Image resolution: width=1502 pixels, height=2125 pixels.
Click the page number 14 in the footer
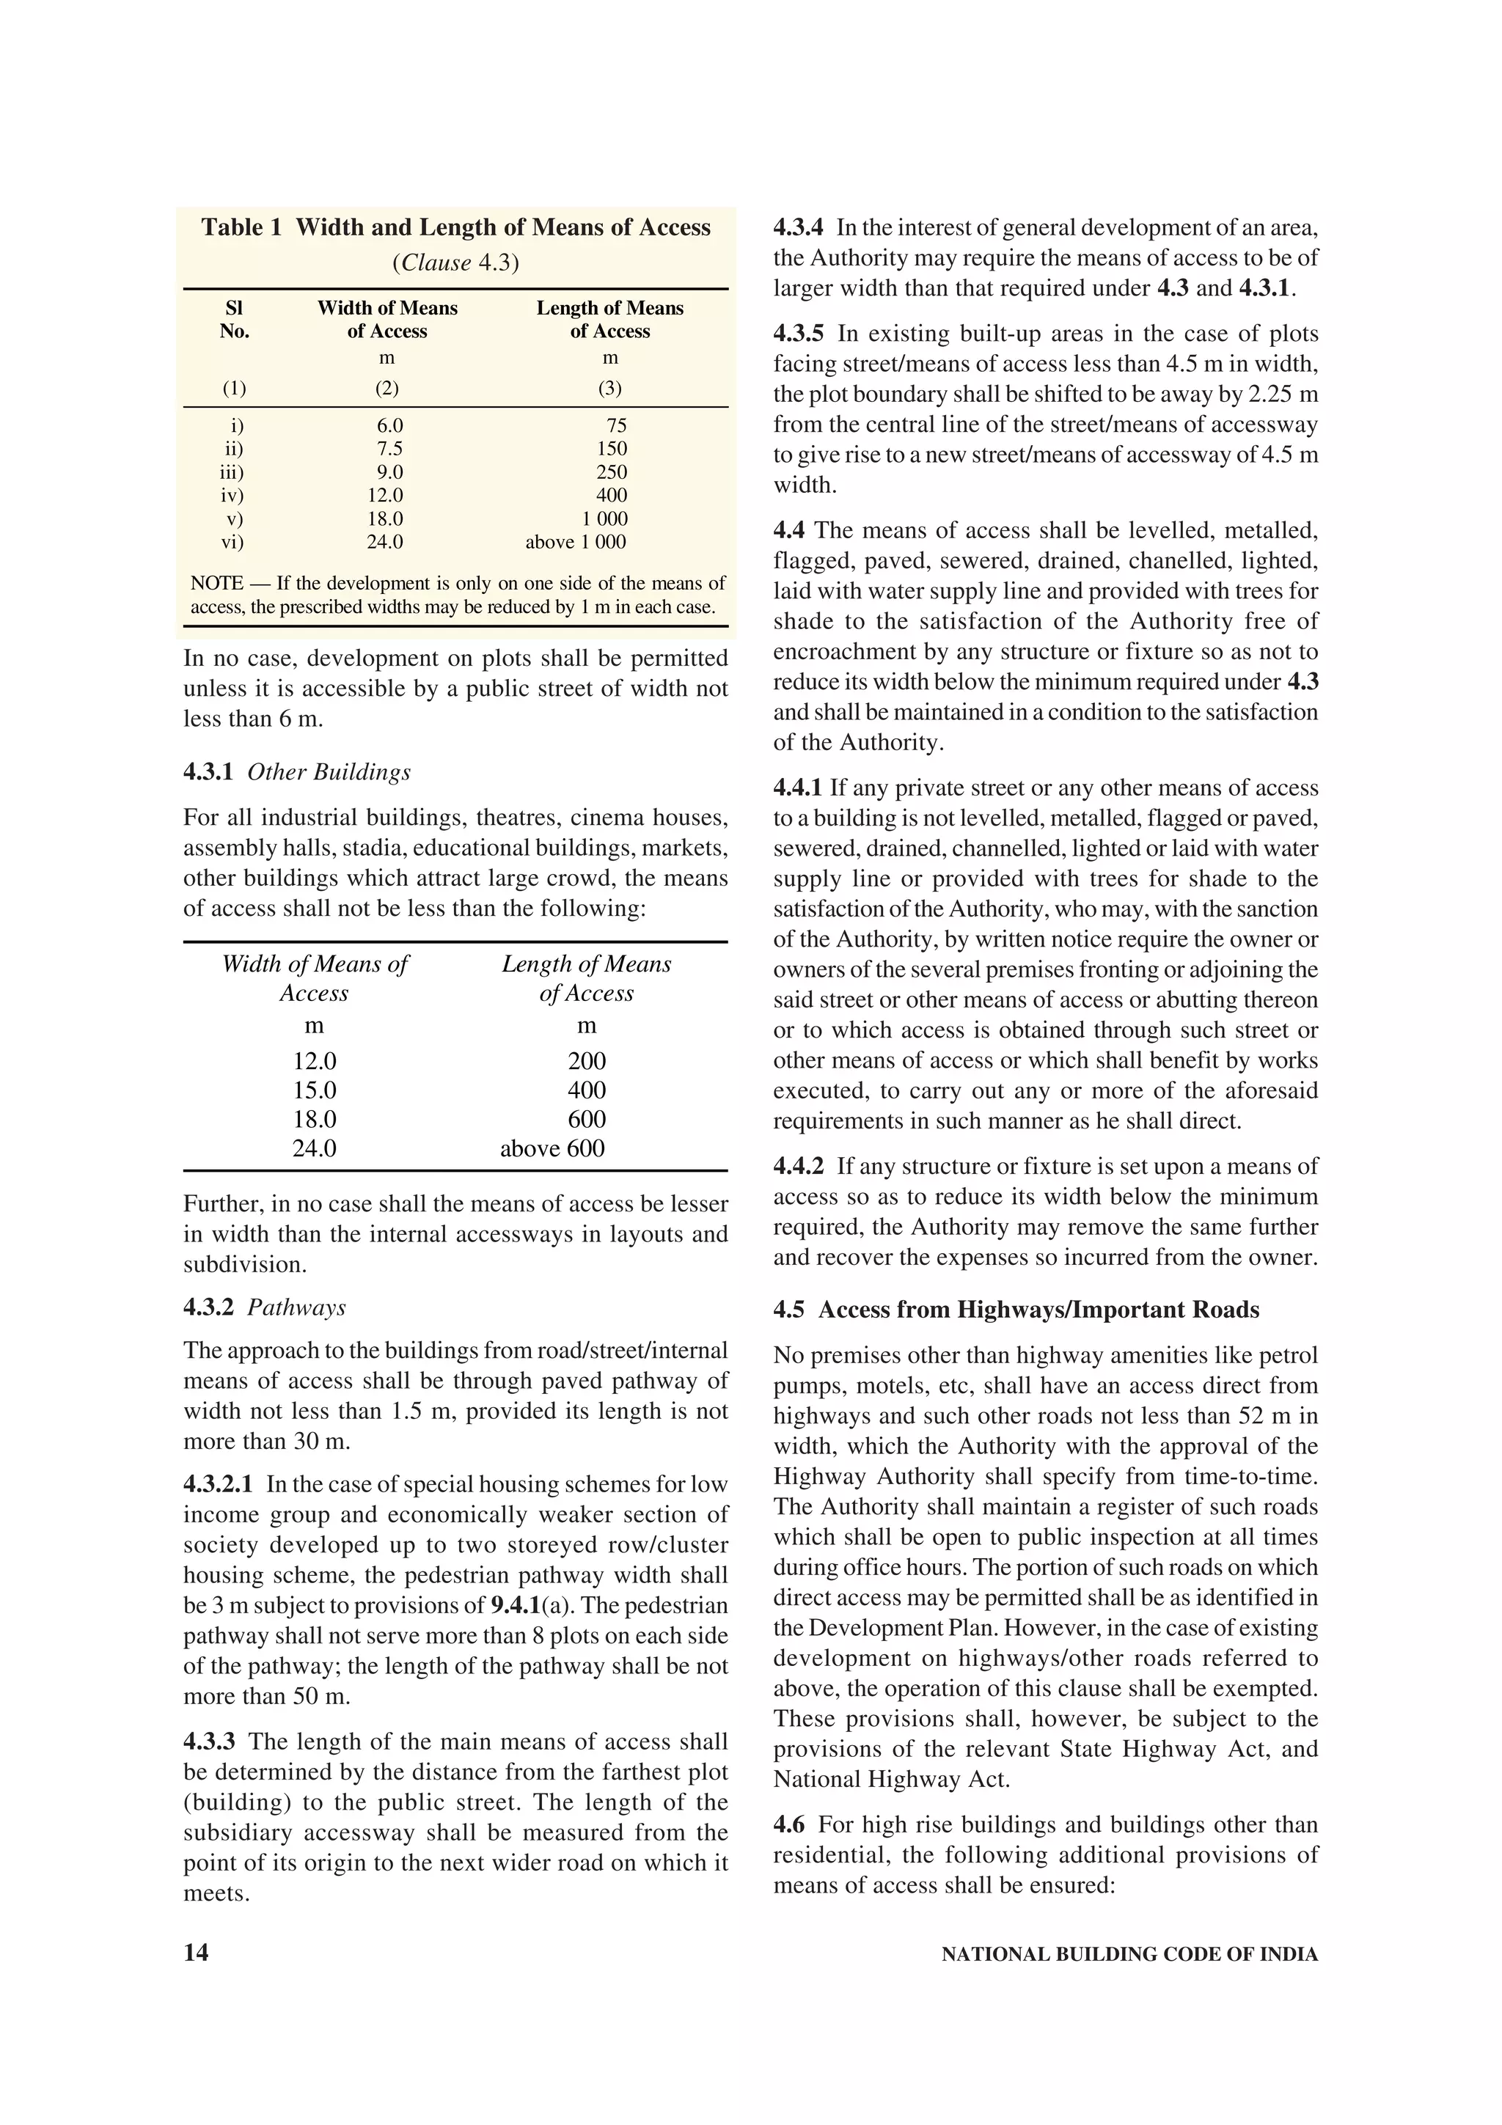[x=197, y=1952]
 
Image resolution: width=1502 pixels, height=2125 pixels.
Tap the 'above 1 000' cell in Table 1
[x=576, y=543]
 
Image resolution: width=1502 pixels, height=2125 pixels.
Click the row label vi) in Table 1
[x=231, y=543]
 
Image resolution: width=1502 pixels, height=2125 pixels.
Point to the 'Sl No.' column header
[x=234, y=319]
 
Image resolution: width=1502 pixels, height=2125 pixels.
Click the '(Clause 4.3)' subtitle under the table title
[x=455, y=263]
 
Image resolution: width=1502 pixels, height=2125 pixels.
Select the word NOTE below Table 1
[x=216, y=583]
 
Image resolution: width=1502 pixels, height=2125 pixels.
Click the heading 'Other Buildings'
[x=329, y=772]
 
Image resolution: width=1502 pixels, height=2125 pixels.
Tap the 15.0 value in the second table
[x=315, y=1090]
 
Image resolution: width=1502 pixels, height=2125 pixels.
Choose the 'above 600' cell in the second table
[x=552, y=1148]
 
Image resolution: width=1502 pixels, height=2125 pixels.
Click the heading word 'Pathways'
[x=296, y=1307]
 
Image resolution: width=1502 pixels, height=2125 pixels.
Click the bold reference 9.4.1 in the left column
[x=516, y=1605]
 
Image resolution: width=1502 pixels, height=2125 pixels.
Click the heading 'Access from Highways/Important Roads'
[x=1038, y=1310]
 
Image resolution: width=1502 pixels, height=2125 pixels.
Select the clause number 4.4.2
[x=798, y=1166]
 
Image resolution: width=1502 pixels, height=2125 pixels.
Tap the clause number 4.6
[x=788, y=1824]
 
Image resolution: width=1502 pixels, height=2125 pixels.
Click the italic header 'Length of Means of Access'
[x=586, y=978]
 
